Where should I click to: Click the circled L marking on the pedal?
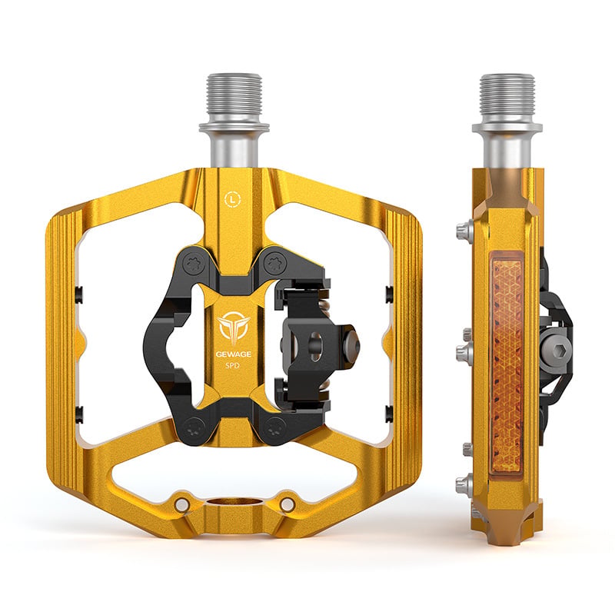[x=234, y=199]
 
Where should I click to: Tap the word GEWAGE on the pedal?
[x=234, y=354]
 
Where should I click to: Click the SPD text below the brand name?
[x=234, y=366]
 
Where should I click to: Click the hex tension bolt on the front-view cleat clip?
[x=351, y=341]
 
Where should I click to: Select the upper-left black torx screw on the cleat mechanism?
[x=195, y=264]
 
